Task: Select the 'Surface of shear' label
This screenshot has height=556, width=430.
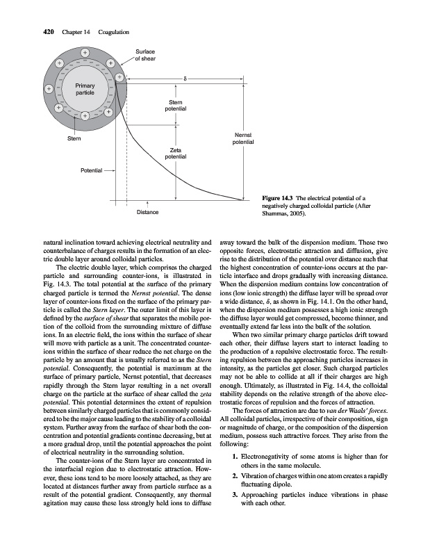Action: [x=145, y=55]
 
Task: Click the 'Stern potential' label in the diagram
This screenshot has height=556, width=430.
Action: [x=175, y=106]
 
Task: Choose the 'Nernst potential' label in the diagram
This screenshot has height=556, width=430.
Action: [x=244, y=138]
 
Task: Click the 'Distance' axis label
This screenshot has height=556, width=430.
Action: [x=147, y=211]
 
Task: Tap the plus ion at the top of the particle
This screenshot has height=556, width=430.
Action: [x=85, y=52]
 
